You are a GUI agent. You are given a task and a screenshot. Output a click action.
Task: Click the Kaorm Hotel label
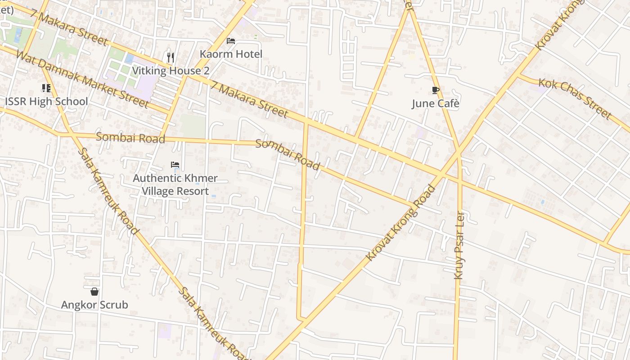pyautogui.click(x=231, y=54)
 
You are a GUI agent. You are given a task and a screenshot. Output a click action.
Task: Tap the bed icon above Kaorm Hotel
pyautogui.click(x=231, y=41)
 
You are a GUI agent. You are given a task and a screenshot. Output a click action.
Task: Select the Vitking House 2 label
pyautogui.click(x=171, y=71)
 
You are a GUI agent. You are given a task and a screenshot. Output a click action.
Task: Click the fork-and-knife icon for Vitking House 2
pyautogui.click(x=171, y=57)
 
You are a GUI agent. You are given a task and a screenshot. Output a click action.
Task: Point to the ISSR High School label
pyautogui.click(x=46, y=101)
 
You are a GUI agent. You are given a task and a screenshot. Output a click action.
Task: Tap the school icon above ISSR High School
pyautogui.click(x=46, y=88)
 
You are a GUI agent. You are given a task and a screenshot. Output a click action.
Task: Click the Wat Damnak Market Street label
pyautogui.click(x=82, y=79)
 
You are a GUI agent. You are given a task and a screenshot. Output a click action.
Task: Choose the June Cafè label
pyautogui.click(x=436, y=103)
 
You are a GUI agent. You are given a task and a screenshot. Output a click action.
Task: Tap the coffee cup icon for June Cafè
pyautogui.click(x=436, y=90)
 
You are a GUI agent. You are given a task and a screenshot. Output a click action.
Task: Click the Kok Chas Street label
pyautogui.click(x=575, y=99)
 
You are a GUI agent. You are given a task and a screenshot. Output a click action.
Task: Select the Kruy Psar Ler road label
pyautogui.click(x=459, y=245)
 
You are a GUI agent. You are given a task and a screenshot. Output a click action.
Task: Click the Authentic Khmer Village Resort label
pyautogui.click(x=175, y=184)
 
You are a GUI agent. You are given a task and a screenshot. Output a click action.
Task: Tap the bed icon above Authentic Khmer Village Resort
pyautogui.click(x=175, y=165)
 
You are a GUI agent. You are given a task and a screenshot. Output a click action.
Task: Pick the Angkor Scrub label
pyautogui.click(x=94, y=305)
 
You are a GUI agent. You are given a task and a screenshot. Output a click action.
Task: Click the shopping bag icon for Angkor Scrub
pyautogui.click(x=94, y=292)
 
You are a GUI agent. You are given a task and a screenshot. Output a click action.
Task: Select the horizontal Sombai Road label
pyautogui.click(x=130, y=138)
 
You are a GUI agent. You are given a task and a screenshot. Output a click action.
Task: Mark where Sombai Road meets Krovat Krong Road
pyautogui.click(x=412, y=206)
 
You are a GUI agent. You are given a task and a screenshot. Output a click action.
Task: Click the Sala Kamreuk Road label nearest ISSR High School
pyautogui.click(x=108, y=191)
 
